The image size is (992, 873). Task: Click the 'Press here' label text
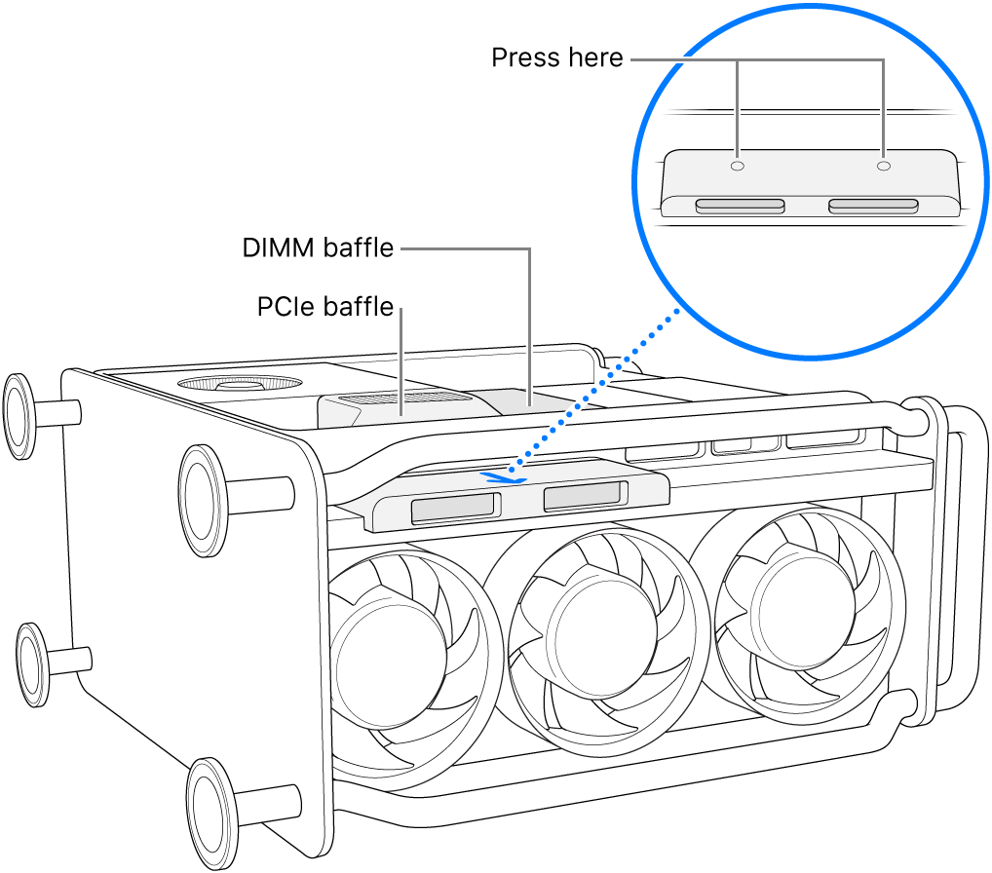point(556,58)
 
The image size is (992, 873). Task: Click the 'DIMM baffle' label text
point(318,248)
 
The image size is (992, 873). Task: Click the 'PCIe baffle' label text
point(325,308)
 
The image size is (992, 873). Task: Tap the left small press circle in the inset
point(738,167)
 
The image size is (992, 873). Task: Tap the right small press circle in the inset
point(884,167)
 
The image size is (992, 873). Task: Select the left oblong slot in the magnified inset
point(740,206)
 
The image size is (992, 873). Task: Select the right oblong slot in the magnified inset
point(873,206)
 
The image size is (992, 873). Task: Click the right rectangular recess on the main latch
point(582,497)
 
